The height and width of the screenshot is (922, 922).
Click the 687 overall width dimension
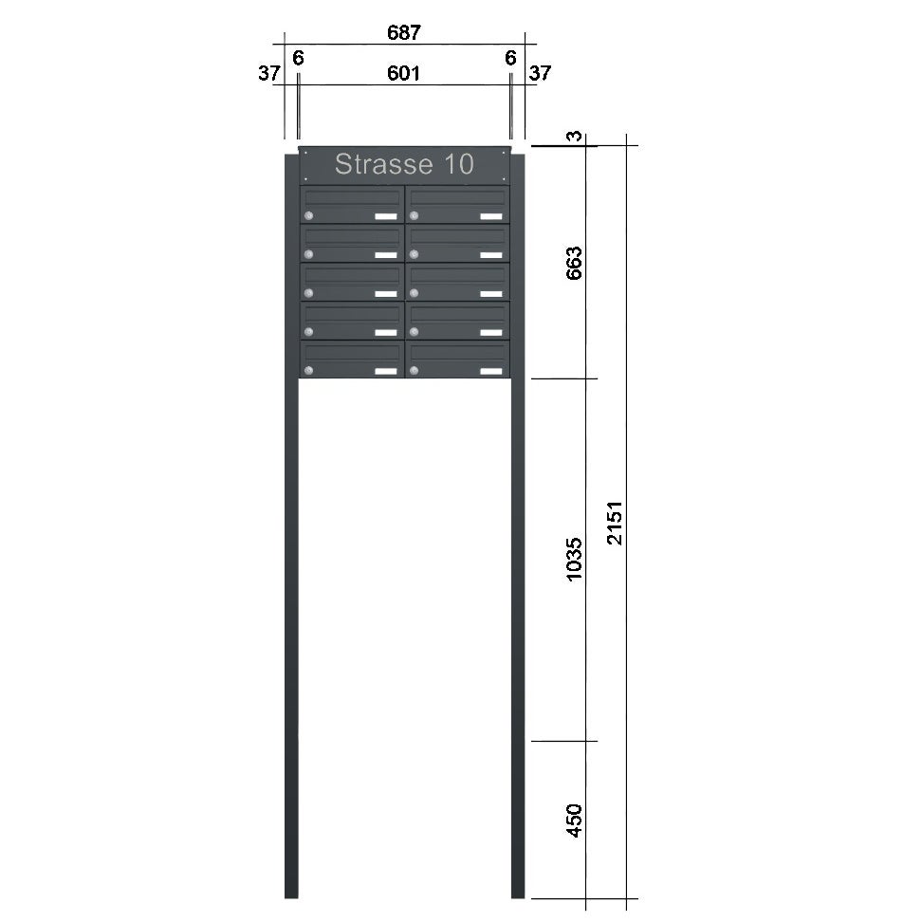point(404,32)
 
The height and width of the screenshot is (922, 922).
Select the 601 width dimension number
point(403,73)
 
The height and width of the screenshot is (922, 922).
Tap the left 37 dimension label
point(269,73)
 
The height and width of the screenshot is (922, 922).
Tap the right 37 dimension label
point(540,73)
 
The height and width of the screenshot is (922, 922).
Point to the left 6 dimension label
point(298,58)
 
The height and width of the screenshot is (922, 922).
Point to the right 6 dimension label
point(510,58)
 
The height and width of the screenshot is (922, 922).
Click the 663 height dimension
point(574,263)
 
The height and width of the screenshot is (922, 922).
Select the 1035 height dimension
point(574,560)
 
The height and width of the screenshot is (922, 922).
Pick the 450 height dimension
point(574,820)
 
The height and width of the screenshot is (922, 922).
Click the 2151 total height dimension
point(615,523)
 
